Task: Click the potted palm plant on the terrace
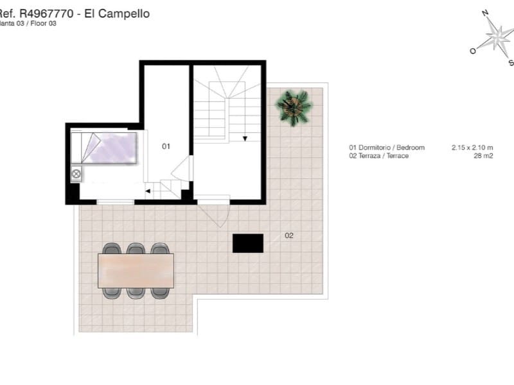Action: click(294, 107)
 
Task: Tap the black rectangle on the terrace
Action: click(248, 243)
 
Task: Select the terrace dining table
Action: click(136, 271)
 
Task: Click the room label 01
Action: click(166, 146)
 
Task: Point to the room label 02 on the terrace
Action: click(289, 235)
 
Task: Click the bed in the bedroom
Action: click(106, 148)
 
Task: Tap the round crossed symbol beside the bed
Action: click(76, 174)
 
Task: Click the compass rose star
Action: click(496, 37)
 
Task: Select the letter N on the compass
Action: click(486, 13)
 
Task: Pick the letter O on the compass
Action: click(473, 51)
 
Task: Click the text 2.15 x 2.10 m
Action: click(472, 148)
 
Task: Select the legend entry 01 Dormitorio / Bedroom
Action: click(387, 148)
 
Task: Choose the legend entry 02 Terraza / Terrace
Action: click(379, 156)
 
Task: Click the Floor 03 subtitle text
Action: click(42, 23)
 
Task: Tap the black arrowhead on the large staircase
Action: click(245, 138)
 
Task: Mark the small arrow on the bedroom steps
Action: click(148, 191)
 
